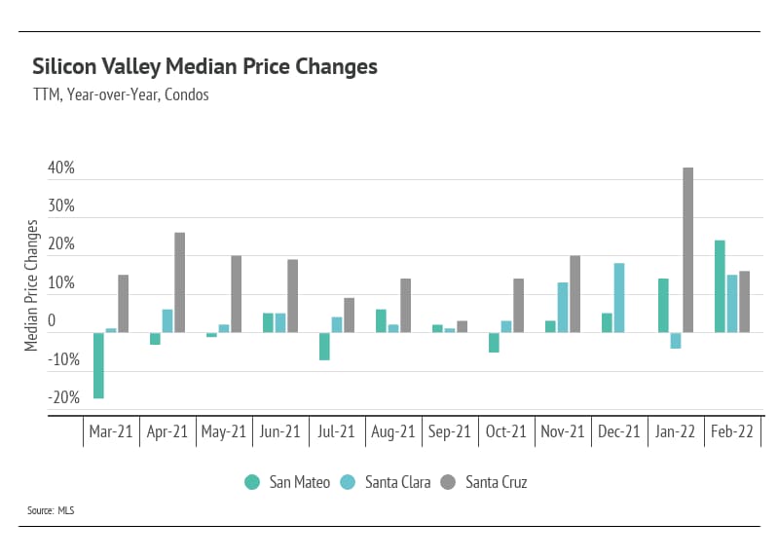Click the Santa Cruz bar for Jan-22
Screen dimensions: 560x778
click(x=687, y=250)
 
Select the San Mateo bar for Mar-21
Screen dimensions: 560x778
click(x=98, y=365)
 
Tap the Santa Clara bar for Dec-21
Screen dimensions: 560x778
click(x=619, y=298)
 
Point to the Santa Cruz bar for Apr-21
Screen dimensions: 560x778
click(x=180, y=282)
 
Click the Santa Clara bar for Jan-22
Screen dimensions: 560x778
click(x=676, y=340)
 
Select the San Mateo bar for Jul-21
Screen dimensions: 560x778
click(x=324, y=346)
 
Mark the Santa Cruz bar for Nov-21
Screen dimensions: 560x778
click(x=574, y=294)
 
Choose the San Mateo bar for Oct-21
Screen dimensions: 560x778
click(x=494, y=342)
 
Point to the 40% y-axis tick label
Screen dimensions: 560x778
click(x=61, y=168)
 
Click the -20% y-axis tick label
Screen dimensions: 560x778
click(x=61, y=397)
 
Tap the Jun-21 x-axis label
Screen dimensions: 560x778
click(x=280, y=432)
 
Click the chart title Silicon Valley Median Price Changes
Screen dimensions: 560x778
click(x=204, y=67)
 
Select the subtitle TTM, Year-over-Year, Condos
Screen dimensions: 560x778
click(x=121, y=95)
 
